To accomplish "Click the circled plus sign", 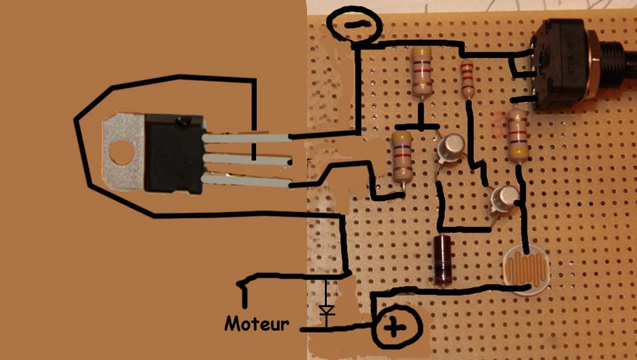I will pos(395,328).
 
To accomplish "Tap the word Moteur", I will pos(256,324).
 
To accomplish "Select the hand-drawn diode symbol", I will pos(327,311).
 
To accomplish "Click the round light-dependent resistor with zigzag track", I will pos(526,271).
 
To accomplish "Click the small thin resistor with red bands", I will pos(468,79).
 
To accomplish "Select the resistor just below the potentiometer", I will pos(517,134).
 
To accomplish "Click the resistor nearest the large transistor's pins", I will pos(403,156).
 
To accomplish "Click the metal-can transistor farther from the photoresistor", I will pos(452,148).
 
